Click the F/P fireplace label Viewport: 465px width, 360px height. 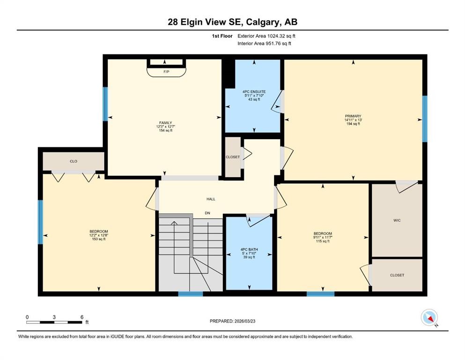tap(166, 72)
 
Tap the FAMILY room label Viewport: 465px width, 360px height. tap(165, 122)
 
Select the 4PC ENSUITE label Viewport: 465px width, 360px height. tap(254, 92)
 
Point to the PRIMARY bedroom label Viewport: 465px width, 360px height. tap(353, 116)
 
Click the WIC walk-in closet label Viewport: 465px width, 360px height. tap(397, 220)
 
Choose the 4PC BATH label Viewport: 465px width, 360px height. tap(249, 249)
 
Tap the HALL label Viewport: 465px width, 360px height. tap(211, 199)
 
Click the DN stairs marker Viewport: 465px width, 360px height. tap(207, 213)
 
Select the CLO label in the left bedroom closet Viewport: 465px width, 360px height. tap(74, 161)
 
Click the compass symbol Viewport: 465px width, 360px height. tap(429, 317)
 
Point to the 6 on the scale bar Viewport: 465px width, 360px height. tap(82, 317)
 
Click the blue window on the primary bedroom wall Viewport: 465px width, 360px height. tap(425, 119)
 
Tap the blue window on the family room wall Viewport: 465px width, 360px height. tap(105, 105)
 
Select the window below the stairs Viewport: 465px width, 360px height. tap(190, 294)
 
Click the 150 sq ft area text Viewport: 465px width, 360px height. tap(99, 239)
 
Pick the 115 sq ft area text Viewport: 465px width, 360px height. tap(323, 241)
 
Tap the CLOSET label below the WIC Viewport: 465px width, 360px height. tap(397, 275)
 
